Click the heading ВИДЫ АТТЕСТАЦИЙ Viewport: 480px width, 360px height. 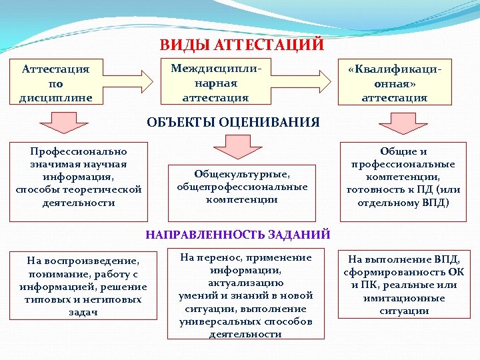(241, 45)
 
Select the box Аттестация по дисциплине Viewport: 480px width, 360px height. (56, 83)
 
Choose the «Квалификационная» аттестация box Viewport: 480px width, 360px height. (395, 83)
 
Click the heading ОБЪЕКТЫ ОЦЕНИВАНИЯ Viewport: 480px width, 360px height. (233, 123)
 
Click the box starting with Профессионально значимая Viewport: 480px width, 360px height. (79, 177)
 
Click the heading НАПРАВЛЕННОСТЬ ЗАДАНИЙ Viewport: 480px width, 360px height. (238, 234)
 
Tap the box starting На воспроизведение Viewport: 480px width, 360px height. (83, 286)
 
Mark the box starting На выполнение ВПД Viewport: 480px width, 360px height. (403, 285)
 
